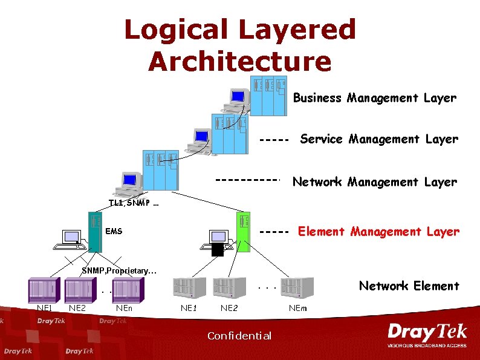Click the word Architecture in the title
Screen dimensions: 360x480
(240, 61)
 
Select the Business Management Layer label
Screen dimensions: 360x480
(374, 97)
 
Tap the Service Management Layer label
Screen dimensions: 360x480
(379, 139)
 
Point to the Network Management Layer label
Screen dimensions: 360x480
(374, 182)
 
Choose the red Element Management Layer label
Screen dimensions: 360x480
(378, 231)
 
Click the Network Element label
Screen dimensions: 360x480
(409, 286)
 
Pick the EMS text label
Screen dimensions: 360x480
(113, 231)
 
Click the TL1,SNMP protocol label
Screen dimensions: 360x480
(133, 203)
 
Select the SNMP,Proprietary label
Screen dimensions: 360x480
(119, 270)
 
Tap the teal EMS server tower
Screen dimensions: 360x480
(94, 231)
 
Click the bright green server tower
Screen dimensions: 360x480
(242, 231)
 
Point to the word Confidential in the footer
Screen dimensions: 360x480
(239, 336)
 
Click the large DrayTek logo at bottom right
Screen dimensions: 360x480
(427, 335)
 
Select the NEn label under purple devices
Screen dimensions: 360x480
(123, 307)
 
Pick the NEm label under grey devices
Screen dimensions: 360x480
(297, 308)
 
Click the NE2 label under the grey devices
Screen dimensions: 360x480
(229, 308)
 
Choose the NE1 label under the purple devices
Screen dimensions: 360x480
(44, 307)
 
